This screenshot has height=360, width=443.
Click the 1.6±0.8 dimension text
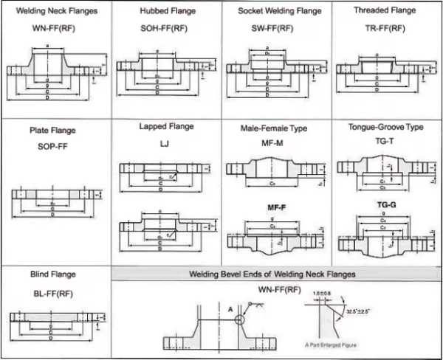[x=323, y=294]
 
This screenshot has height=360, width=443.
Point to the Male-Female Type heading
[x=273, y=128]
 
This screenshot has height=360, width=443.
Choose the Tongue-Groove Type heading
[x=385, y=127]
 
